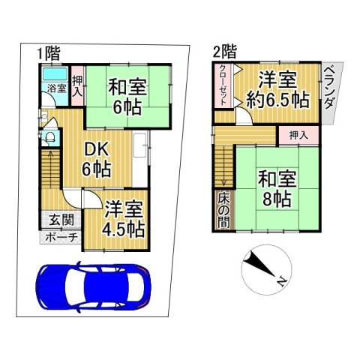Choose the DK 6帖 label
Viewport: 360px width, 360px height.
click(x=98, y=157)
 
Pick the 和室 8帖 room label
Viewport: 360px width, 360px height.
click(x=278, y=188)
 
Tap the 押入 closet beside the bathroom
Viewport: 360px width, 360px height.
click(x=77, y=88)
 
